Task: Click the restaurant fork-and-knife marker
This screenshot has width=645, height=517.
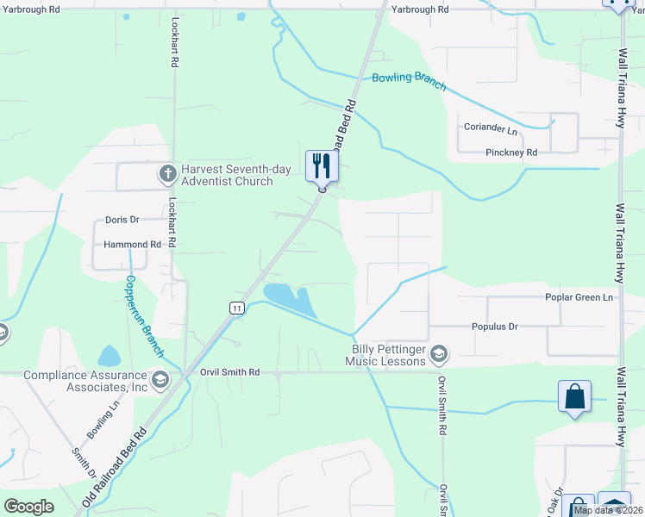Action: point(322,164)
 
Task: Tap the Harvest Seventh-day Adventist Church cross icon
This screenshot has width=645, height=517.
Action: point(168,175)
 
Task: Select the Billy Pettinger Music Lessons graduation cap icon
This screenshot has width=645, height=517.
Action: point(439,354)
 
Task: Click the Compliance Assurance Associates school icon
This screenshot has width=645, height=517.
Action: point(160,380)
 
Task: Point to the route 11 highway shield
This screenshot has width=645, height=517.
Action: point(236,308)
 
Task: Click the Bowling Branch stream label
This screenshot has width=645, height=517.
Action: point(409,81)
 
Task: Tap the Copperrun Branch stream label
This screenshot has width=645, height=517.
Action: point(143,316)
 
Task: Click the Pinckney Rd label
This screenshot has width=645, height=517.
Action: point(510,153)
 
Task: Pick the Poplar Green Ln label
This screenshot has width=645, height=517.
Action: point(579,297)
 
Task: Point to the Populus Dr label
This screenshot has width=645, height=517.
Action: point(494,327)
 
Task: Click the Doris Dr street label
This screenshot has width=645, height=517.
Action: point(122,221)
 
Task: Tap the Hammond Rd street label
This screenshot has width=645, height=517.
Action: point(133,245)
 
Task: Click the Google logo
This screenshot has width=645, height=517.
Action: point(29,507)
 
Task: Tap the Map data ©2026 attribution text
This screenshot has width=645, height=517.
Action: point(606,510)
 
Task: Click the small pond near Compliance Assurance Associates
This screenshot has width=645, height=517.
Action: point(110,355)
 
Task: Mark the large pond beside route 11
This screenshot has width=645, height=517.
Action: point(291,299)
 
